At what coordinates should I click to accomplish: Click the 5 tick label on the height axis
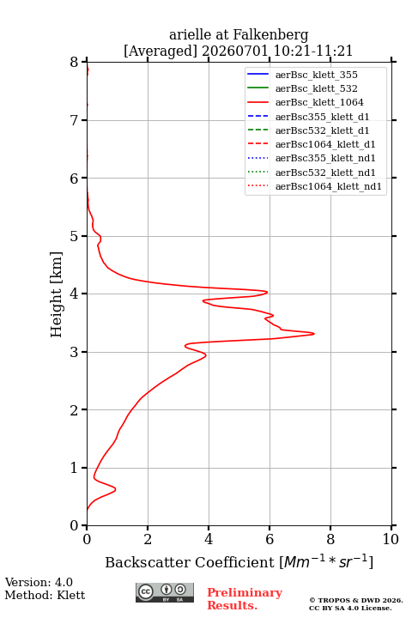[x=75, y=236]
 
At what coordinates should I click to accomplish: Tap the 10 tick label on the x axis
[x=391, y=539]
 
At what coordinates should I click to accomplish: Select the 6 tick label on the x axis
[x=270, y=539]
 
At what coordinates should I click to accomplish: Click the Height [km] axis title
[x=57, y=294]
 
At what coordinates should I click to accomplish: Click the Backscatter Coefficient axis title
[x=239, y=561]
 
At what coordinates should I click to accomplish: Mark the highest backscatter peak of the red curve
[x=314, y=334]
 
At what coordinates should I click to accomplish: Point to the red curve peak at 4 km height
[x=267, y=292]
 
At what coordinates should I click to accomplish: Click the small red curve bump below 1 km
[x=115, y=489]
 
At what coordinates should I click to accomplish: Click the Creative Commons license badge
[x=165, y=592]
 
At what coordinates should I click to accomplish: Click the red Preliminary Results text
[x=245, y=599]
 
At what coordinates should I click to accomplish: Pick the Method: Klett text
[x=45, y=595]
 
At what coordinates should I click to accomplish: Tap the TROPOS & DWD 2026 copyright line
[x=356, y=600]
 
